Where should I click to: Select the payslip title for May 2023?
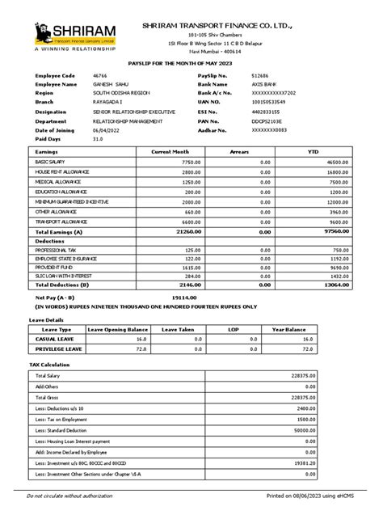click(x=191, y=61)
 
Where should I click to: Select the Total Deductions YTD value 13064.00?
click(x=336, y=285)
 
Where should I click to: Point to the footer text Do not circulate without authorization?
click(x=75, y=496)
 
